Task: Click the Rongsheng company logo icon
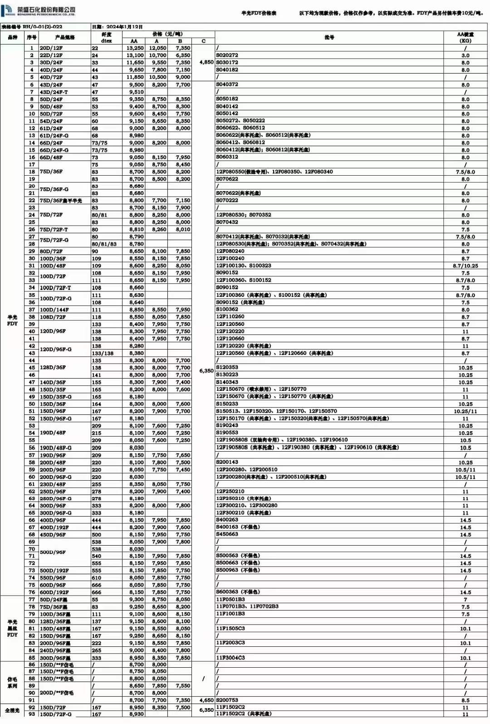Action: coord(8,10)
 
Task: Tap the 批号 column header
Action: coord(329,37)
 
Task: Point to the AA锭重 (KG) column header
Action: coord(465,37)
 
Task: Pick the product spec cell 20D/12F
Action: coord(51,48)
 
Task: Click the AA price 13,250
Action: coord(135,48)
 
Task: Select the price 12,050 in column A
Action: coord(158,48)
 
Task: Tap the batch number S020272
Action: coord(227,55)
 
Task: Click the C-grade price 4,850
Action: coord(206,62)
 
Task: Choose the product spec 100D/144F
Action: coord(55,310)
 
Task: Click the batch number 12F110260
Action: coord(230,317)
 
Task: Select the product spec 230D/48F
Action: coord(53,484)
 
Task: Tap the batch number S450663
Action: coord(227,534)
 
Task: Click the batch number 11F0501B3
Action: coord(230,599)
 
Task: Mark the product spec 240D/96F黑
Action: coord(55,650)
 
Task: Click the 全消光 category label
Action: coord(12,710)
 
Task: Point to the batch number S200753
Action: coord(227,700)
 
